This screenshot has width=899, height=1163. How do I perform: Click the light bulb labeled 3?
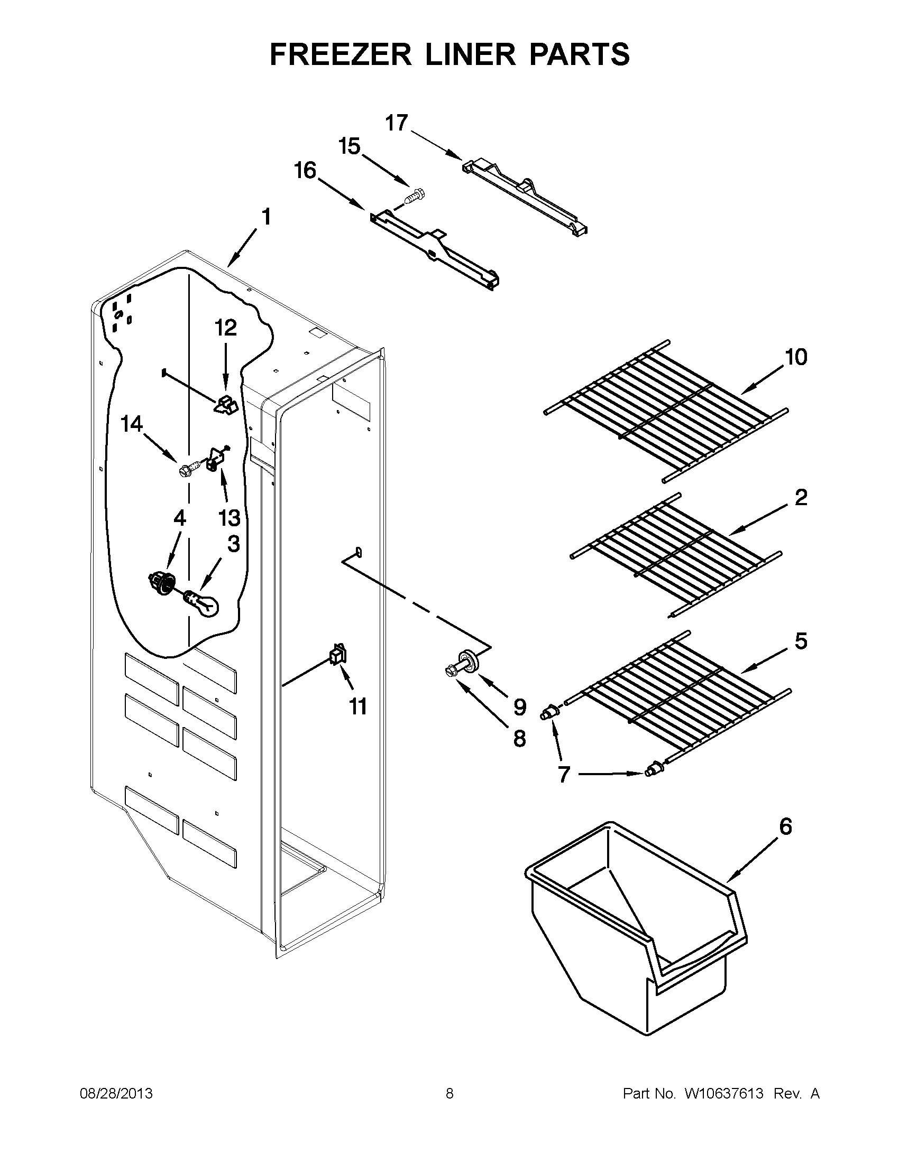click(206, 605)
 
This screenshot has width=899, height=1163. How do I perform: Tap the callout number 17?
click(397, 123)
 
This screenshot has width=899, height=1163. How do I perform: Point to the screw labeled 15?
click(414, 198)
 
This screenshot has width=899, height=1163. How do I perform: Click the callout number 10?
click(796, 357)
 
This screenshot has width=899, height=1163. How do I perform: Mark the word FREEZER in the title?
click(341, 55)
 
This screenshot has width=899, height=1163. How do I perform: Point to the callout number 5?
click(801, 641)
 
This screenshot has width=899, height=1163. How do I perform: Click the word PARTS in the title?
click(579, 55)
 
